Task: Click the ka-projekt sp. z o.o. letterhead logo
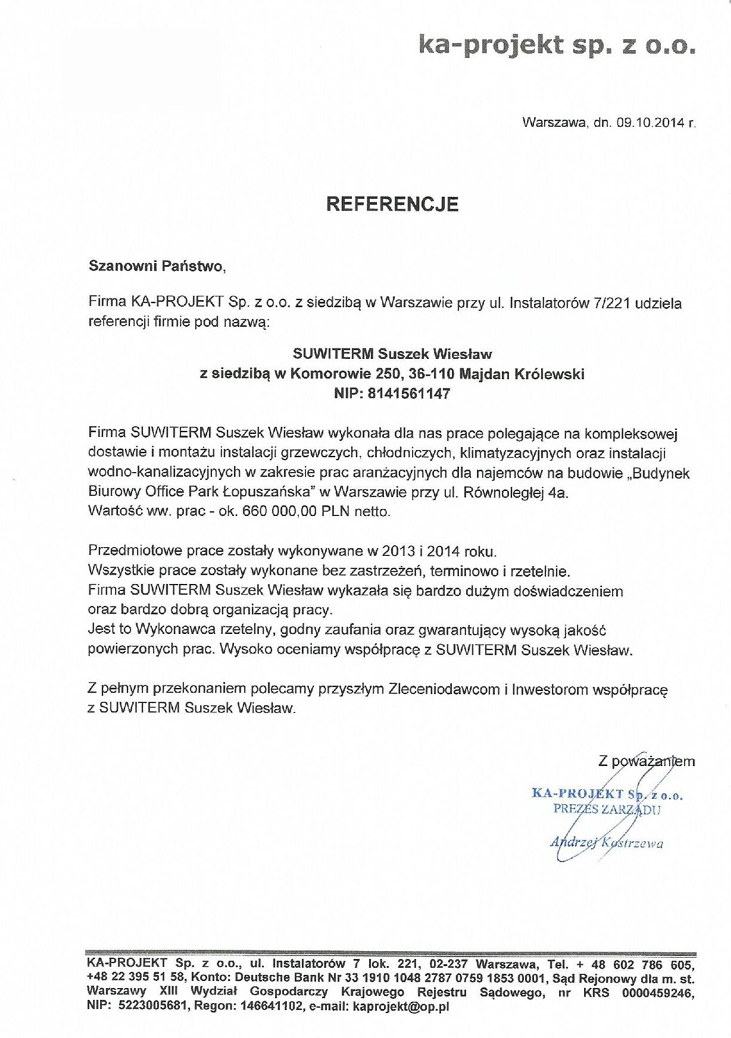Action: tap(555, 47)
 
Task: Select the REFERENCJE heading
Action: tap(392, 205)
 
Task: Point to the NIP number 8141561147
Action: tap(409, 393)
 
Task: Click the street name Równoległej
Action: tap(498, 493)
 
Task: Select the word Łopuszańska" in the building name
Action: tap(263, 493)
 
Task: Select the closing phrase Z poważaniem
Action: tap(647, 761)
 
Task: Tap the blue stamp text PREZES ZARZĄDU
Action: tap(608, 810)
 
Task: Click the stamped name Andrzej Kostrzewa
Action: tap(607, 843)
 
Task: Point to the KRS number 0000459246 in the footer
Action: tap(657, 992)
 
